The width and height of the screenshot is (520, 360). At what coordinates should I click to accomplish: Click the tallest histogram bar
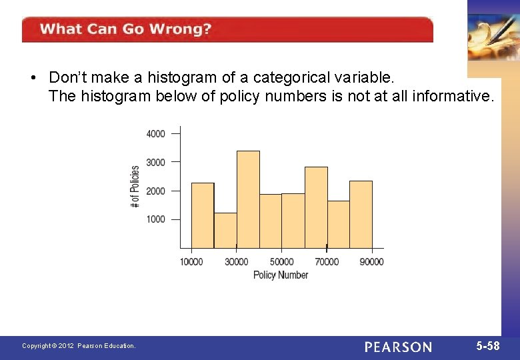click(248, 199)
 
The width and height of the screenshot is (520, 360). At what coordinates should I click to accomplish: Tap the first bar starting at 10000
click(203, 215)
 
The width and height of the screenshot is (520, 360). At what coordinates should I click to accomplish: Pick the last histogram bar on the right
click(361, 215)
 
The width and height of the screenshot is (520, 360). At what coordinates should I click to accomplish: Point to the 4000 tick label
click(155, 134)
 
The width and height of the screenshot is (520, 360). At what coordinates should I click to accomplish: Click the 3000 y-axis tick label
click(155, 162)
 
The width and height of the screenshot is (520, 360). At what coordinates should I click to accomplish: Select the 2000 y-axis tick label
click(155, 191)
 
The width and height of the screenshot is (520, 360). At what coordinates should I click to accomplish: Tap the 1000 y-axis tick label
click(155, 219)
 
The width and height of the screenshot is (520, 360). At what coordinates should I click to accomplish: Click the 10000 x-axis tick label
click(191, 262)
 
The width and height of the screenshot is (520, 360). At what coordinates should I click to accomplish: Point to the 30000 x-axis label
click(236, 262)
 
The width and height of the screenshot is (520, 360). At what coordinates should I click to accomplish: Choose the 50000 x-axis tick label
click(281, 262)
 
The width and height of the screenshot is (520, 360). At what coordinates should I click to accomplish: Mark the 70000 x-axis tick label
click(327, 262)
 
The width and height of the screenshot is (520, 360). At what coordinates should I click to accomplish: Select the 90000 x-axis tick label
click(371, 262)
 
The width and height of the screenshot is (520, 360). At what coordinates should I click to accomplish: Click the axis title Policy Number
click(281, 275)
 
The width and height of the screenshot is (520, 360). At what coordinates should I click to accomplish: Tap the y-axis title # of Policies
click(135, 186)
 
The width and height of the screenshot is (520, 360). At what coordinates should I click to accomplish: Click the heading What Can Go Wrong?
click(125, 29)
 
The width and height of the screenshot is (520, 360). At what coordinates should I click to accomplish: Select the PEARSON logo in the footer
click(398, 347)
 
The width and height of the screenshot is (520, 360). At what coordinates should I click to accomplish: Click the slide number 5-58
click(487, 346)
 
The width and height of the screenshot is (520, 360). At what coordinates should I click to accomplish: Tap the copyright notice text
click(79, 346)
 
